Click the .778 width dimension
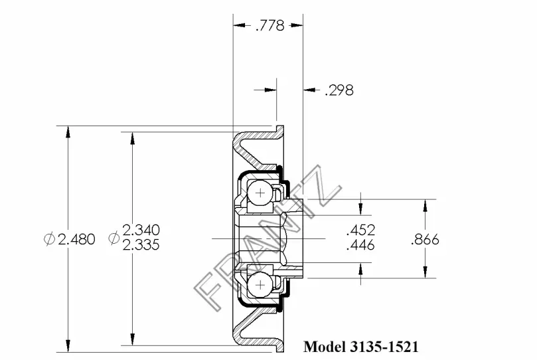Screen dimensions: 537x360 pos(270,25)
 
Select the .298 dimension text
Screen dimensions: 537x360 pos(339,90)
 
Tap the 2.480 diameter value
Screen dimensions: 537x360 pos(76,239)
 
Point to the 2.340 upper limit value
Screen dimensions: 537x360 pos(141,230)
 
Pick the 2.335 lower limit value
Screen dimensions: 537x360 pos(141,244)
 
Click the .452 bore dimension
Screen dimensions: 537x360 pos(360,230)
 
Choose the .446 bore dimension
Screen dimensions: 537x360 pos(360,245)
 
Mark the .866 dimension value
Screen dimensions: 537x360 pos(425,239)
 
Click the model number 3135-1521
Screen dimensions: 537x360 pos(384,347)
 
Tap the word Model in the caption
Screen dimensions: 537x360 pos(325,347)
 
